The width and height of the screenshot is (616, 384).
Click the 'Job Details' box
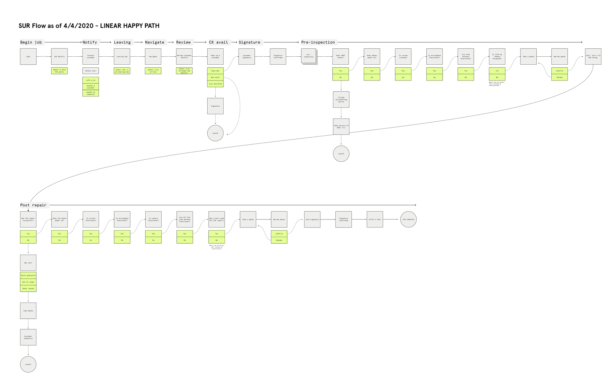click(59, 56)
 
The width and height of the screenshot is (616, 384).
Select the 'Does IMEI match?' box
click(341, 56)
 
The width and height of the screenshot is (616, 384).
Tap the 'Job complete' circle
click(408, 219)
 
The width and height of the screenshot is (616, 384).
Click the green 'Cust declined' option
click(215, 84)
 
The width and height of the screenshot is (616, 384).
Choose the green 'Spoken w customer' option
click(91, 87)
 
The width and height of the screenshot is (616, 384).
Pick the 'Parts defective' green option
click(28, 275)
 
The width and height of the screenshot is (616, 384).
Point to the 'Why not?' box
click(28, 263)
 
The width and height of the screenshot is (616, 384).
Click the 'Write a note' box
click(375, 219)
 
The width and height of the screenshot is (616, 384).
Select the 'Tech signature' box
click(312, 219)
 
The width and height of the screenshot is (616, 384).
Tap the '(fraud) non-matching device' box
click(341, 100)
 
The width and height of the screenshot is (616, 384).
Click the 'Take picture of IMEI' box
click(341, 127)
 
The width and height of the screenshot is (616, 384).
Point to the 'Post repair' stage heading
click(33, 205)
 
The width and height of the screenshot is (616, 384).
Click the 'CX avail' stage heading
click(218, 42)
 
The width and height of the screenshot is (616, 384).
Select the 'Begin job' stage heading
click(31, 42)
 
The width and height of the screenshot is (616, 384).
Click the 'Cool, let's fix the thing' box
click(593, 56)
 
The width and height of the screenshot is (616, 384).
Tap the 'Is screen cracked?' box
click(403, 56)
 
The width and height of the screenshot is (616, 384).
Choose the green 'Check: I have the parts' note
click(59, 71)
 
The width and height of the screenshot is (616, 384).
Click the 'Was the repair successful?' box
click(28, 219)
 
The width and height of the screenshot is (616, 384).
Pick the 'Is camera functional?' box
click(153, 219)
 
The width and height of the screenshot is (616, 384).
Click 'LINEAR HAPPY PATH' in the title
click(130, 26)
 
